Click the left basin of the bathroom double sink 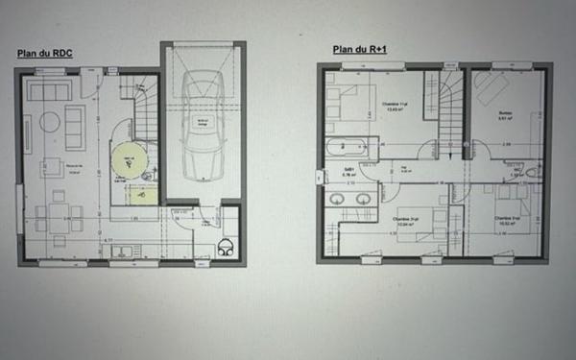(x=337, y=201)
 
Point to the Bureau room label (x=504, y=114)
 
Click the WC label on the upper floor (x=530, y=173)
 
